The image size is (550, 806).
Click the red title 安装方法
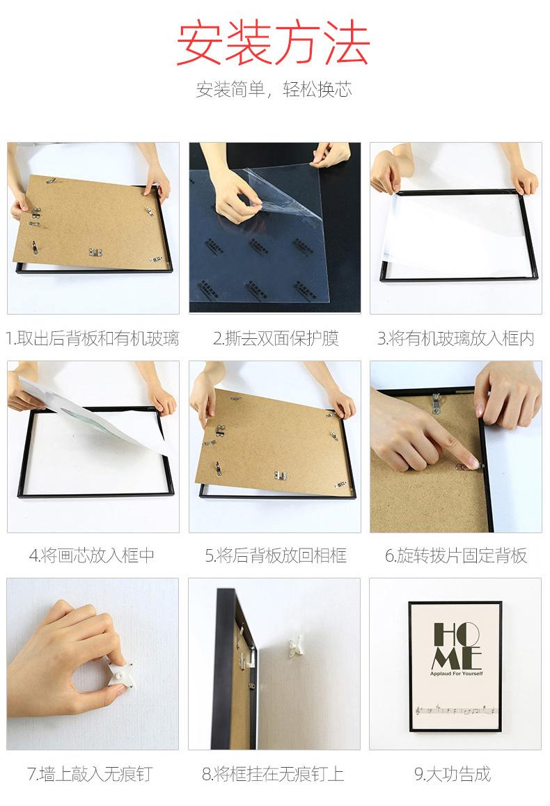pyautogui.click(x=273, y=44)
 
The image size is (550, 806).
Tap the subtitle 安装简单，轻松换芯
pyautogui.click(x=274, y=90)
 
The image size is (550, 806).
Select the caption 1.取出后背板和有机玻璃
pyautogui.click(x=93, y=338)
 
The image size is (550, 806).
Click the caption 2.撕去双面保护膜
pyautogui.click(x=276, y=338)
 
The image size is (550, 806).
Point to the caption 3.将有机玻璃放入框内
pyautogui.click(x=456, y=338)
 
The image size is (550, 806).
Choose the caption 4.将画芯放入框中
pyautogui.click(x=92, y=555)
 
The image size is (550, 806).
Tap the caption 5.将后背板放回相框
pyautogui.click(x=276, y=555)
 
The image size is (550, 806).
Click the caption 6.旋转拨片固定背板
pyautogui.click(x=456, y=555)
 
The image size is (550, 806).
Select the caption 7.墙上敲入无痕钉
pyautogui.click(x=90, y=773)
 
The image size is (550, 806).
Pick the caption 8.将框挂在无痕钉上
pyautogui.click(x=273, y=773)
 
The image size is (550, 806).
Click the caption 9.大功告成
pyautogui.click(x=453, y=773)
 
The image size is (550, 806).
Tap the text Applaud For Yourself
pyautogui.click(x=457, y=673)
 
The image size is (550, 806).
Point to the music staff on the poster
pyautogui.click(x=456, y=711)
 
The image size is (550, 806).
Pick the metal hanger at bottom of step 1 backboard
pyautogui.click(x=95, y=252)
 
